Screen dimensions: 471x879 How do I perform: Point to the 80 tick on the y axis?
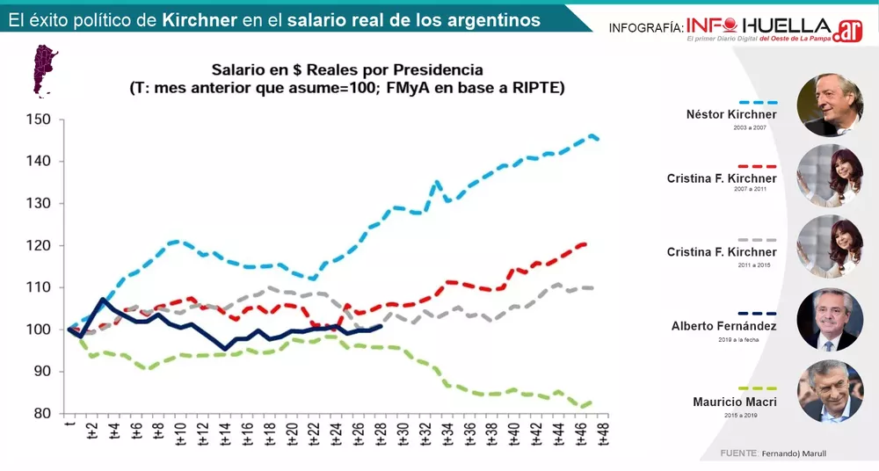(45, 414)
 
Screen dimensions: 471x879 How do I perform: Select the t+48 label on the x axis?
(603, 434)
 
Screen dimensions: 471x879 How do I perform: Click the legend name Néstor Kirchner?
(731, 114)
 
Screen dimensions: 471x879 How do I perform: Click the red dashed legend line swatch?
(759, 166)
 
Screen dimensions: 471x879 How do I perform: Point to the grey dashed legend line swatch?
(759, 240)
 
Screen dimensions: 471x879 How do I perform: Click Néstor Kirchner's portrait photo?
(829, 105)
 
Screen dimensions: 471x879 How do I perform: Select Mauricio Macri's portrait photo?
(829, 391)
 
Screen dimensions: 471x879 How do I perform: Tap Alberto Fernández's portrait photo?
(829, 319)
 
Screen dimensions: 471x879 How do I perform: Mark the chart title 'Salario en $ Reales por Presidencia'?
(347, 69)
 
